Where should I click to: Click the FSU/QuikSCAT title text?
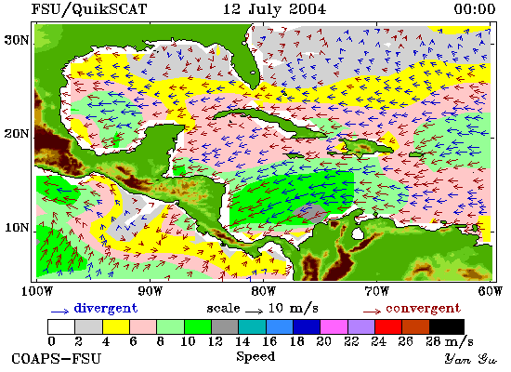(x=89, y=8)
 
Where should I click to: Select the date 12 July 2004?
(x=274, y=8)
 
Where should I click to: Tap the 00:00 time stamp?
(x=475, y=8)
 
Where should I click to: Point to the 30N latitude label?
(x=16, y=40)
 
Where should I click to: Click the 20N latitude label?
(x=16, y=134)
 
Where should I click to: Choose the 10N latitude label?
(x=16, y=228)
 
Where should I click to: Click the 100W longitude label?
(x=37, y=291)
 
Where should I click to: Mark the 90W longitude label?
(x=150, y=291)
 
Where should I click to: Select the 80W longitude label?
(x=263, y=291)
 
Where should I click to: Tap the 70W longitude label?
(x=376, y=291)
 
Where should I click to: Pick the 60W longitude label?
(x=490, y=291)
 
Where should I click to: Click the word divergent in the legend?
(x=106, y=308)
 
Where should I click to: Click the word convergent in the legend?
(x=424, y=309)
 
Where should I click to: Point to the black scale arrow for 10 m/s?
(x=254, y=312)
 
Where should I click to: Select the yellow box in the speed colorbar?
(x=116, y=327)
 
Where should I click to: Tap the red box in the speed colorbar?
(x=388, y=327)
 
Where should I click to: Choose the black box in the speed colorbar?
(x=447, y=327)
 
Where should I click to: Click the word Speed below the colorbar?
(x=255, y=356)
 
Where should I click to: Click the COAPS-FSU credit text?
(x=57, y=358)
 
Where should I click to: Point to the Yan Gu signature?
(x=471, y=359)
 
